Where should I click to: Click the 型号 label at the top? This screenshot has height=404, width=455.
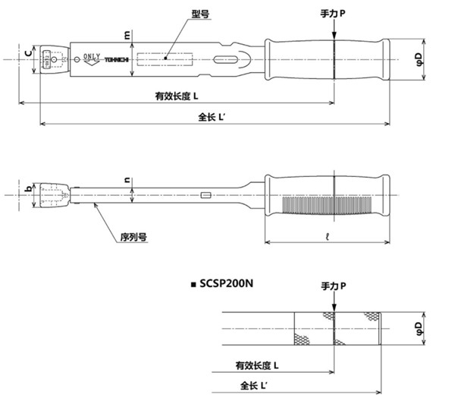(200, 14)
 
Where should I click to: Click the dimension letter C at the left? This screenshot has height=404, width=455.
(27, 53)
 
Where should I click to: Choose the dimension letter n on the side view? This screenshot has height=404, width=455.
(127, 180)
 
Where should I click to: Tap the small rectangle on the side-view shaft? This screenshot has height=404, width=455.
(205, 197)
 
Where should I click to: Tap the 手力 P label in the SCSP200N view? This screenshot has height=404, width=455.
(332, 285)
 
